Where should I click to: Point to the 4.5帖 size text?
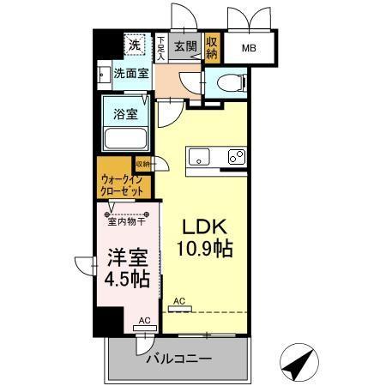tap(127, 279)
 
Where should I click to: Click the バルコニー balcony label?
tap(178, 357)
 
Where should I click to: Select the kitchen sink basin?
tap(199, 158)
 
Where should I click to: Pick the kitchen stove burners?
tap(236, 158)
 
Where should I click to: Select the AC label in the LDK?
tap(179, 301)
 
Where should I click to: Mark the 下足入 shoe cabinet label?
tap(160, 47)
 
